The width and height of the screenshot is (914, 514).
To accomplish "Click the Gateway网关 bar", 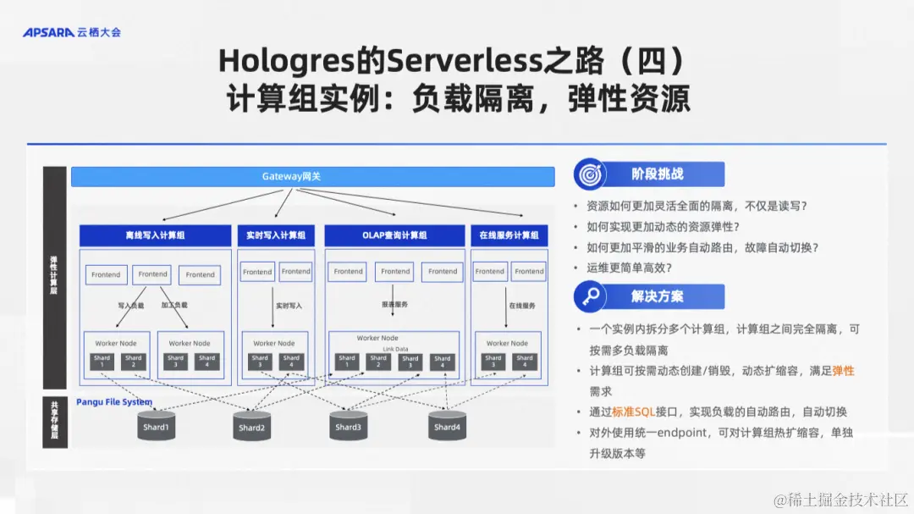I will (x=312, y=177).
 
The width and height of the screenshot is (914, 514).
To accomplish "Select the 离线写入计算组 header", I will (x=155, y=235).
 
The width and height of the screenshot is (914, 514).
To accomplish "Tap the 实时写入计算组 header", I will (x=276, y=235).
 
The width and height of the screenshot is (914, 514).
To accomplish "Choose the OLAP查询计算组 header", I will (x=394, y=235).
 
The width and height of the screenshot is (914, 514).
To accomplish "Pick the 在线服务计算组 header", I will (x=509, y=235).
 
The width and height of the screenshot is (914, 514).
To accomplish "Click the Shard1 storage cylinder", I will (x=156, y=426).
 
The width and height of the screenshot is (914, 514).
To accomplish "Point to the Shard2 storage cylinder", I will (x=251, y=426).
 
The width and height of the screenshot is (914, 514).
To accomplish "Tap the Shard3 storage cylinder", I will (x=348, y=426).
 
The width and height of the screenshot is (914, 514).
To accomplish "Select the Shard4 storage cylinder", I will (x=447, y=426).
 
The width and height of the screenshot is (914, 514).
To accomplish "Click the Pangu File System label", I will (x=114, y=402).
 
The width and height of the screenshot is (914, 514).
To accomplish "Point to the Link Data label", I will (x=394, y=349).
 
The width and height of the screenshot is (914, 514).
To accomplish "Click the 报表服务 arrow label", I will (x=394, y=304).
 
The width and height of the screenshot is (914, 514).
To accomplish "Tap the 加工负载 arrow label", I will (x=174, y=304).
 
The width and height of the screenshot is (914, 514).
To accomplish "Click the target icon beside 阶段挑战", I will (x=589, y=174).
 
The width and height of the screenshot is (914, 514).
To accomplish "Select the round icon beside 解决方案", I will (x=589, y=297).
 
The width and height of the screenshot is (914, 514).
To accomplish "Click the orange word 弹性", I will (x=843, y=371).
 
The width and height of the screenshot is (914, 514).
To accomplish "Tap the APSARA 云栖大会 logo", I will (x=72, y=32).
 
